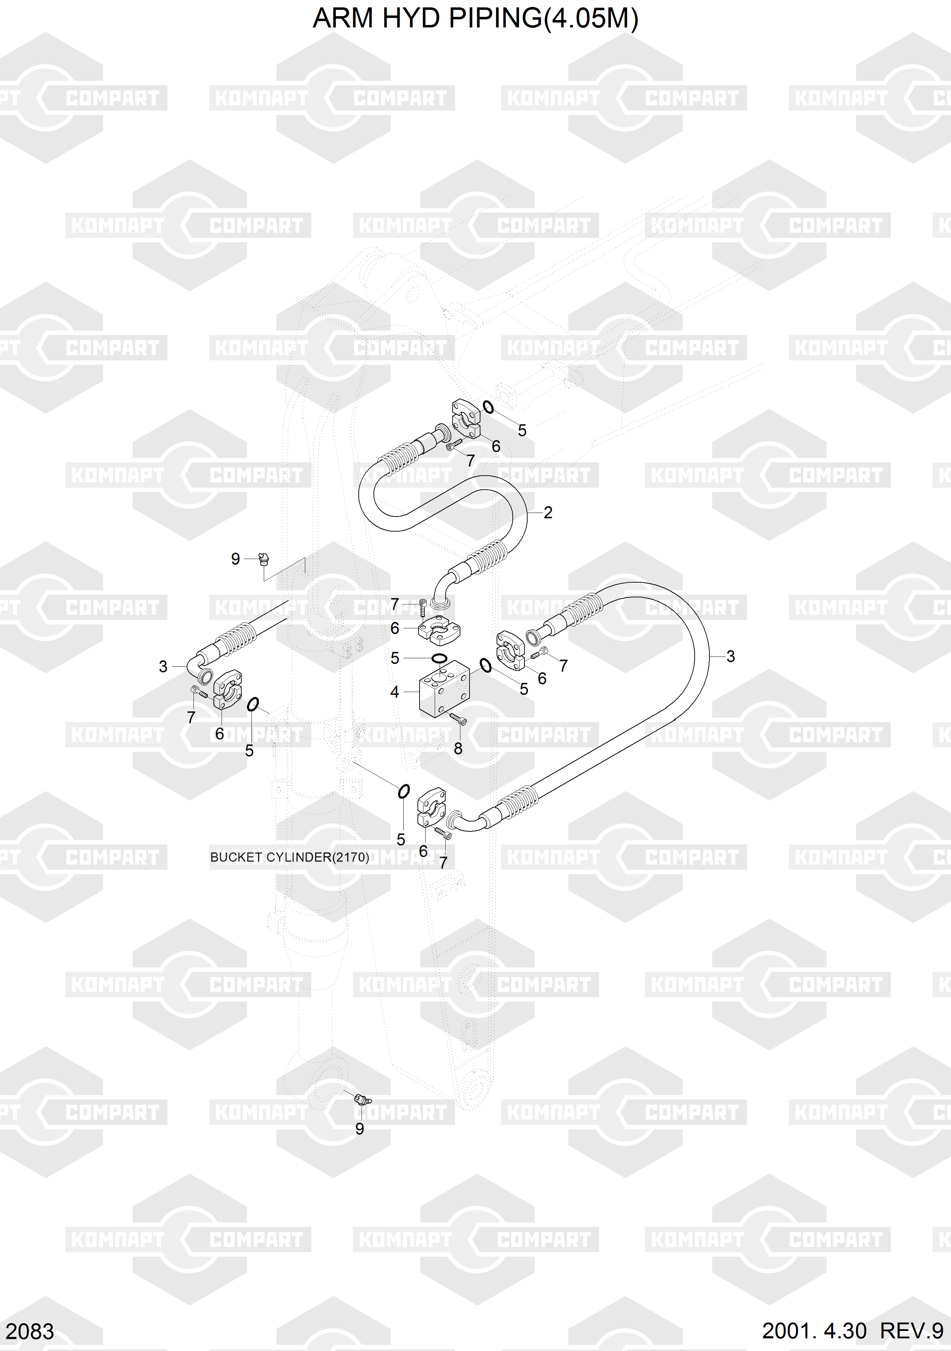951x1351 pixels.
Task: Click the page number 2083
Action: coord(30,1331)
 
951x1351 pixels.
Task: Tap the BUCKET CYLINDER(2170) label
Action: coord(289,857)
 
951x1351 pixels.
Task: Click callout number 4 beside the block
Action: coord(395,692)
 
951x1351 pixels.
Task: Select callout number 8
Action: coord(458,748)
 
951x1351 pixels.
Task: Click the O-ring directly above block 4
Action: coord(439,657)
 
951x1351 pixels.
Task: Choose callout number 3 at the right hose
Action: coord(730,656)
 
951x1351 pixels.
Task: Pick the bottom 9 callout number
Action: coord(359,1129)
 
